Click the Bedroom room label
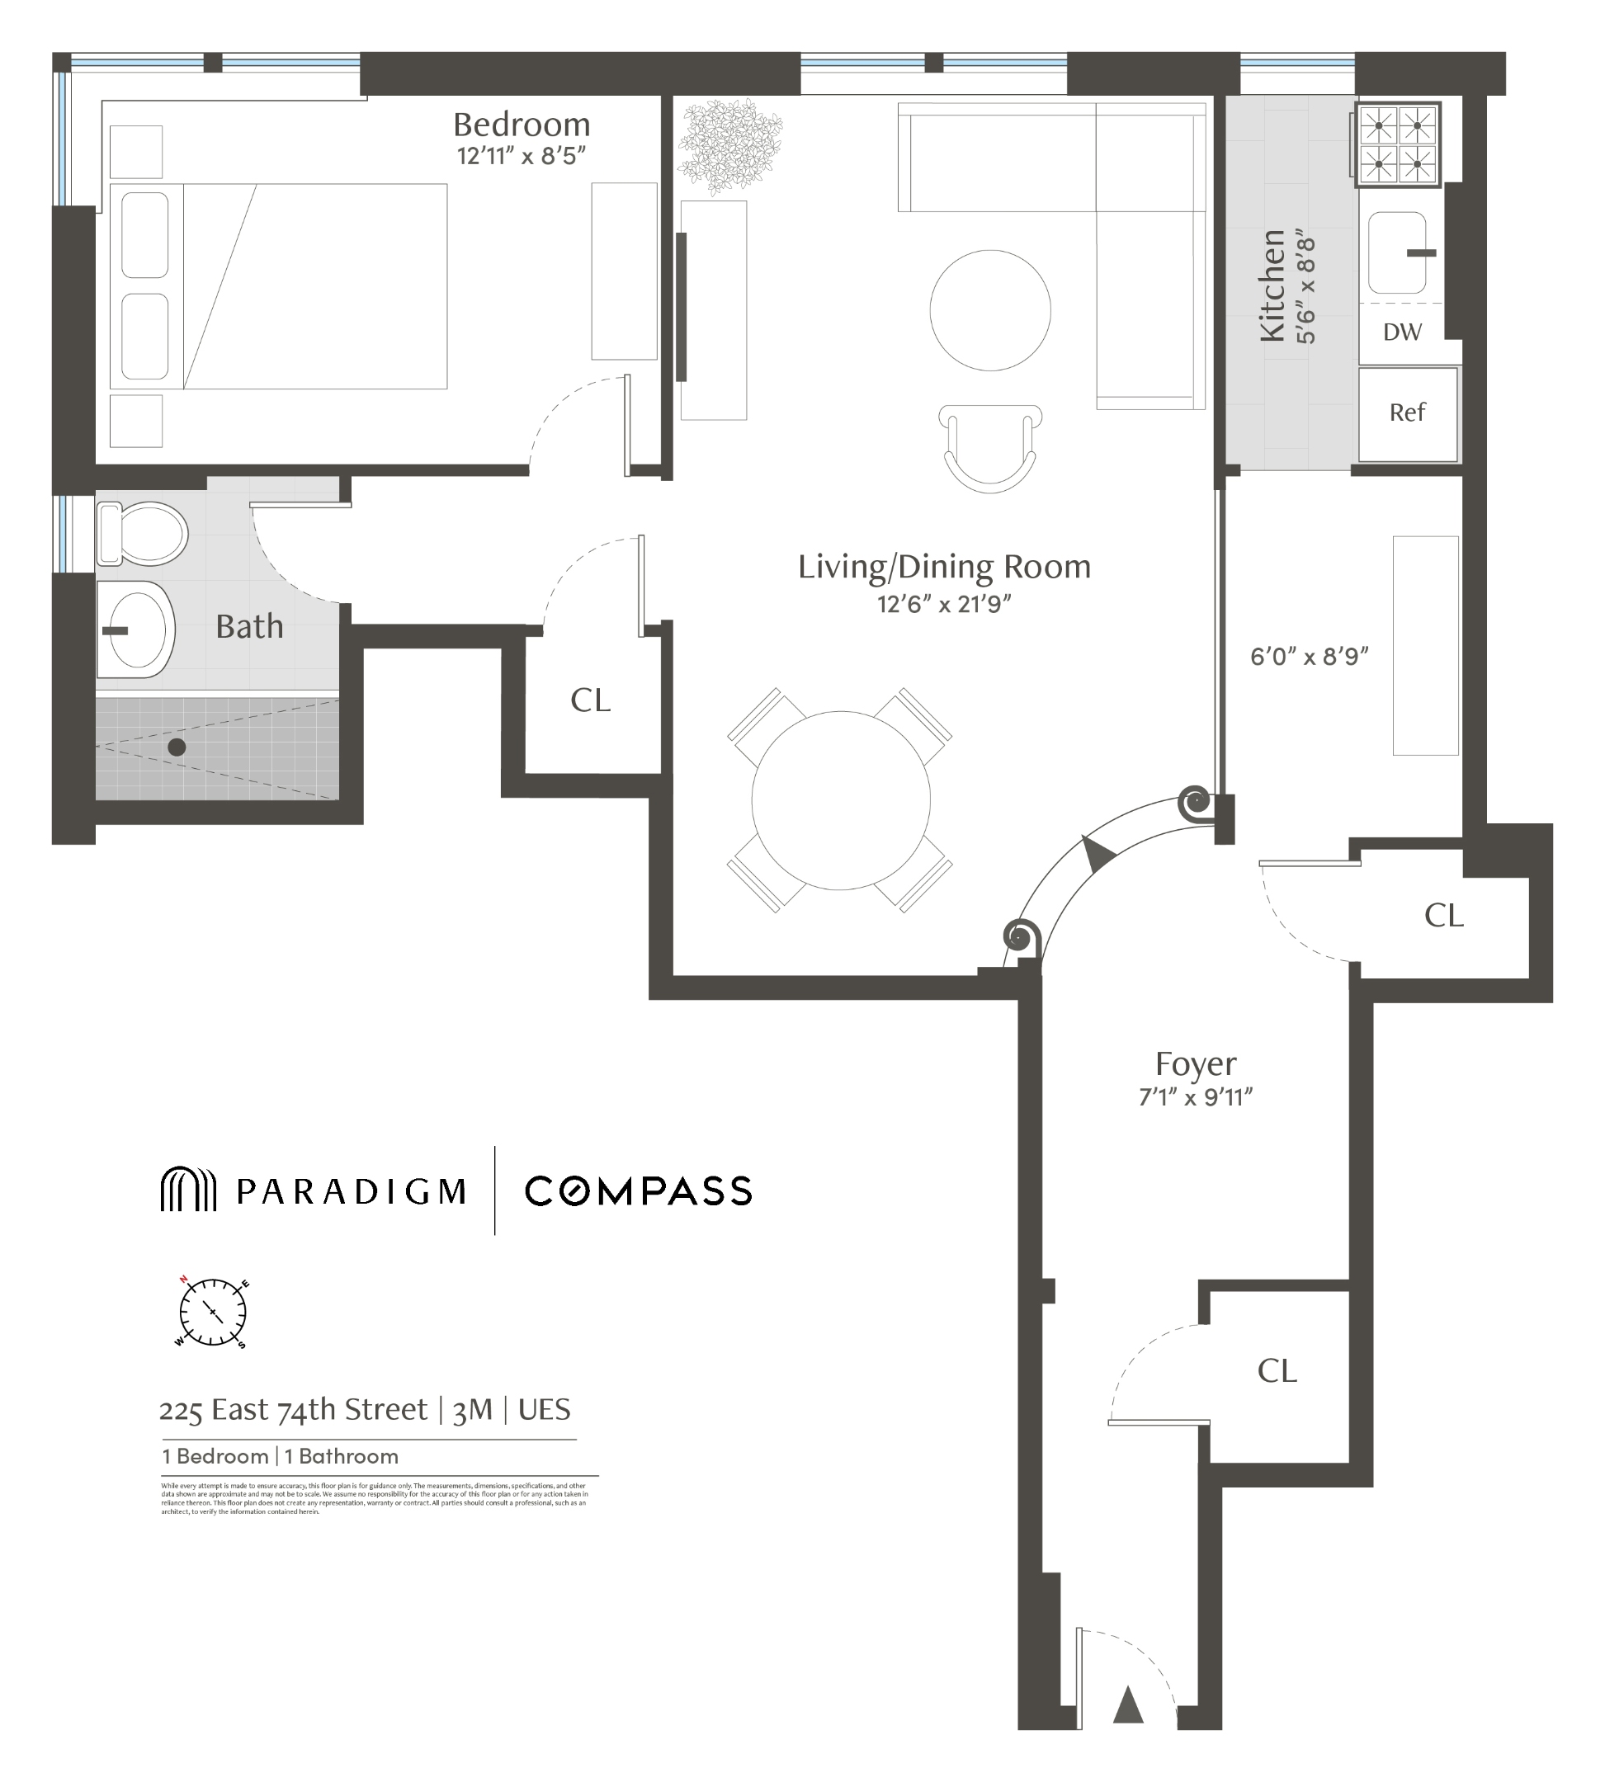click(x=522, y=125)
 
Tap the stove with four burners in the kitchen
click(x=1397, y=145)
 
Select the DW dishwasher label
click(x=1402, y=332)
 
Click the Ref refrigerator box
click(x=1407, y=413)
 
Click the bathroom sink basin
click(x=137, y=629)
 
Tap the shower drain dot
click(x=177, y=747)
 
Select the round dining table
click(x=840, y=799)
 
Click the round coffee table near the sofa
click(x=989, y=309)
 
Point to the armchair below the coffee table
click(x=989, y=447)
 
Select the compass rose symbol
click(x=213, y=1312)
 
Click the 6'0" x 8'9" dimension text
click(x=1309, y=656)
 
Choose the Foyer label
click(x=1196, y=1064)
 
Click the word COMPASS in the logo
click(x=639, y=1191)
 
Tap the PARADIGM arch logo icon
click(x=188, y=1190)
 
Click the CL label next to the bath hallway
click(x=590, y=700)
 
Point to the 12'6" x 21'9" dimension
click(x=943, y=604)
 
